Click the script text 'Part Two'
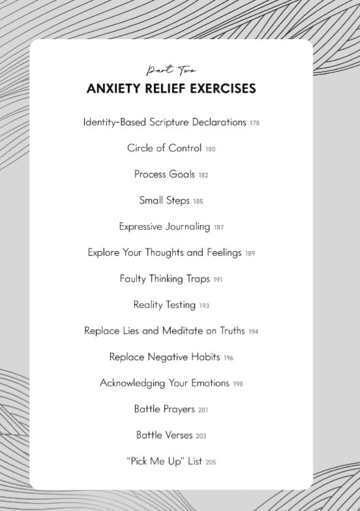click(172, 69)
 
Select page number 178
click(254, 123)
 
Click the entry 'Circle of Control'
click(164, 148)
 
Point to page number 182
click(222, 175)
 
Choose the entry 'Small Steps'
click(164, 200)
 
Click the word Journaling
click(187, 226)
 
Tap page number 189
click(250, 253)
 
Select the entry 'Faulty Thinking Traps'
click(164, 279)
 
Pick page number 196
click(228, 358)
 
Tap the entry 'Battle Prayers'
click(164, 409)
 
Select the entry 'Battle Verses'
click(164, 435)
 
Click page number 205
click(211, 462)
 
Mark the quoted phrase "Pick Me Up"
click(156, 461)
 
